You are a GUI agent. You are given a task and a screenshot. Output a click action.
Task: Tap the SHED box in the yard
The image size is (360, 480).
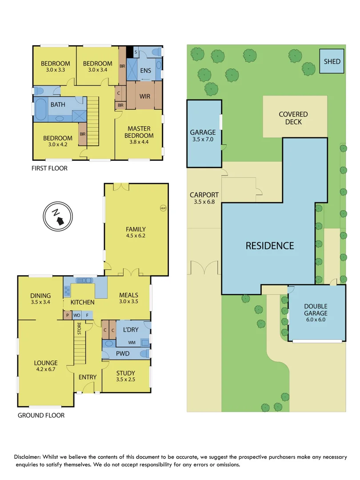pos(332,61)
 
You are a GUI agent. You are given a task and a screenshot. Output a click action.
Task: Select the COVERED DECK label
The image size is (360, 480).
pos(293,118)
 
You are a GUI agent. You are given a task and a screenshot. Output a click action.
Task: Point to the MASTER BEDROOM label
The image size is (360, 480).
pos(139,132)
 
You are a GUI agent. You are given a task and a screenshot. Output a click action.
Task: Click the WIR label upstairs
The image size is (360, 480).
pos(145,96)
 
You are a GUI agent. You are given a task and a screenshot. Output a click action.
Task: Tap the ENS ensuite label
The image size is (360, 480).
pos(145,71)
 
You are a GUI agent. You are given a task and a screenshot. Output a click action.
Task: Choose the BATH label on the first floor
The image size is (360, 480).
pos(58,105)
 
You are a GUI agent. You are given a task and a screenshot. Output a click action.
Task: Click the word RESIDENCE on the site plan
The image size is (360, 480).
pos(270,245)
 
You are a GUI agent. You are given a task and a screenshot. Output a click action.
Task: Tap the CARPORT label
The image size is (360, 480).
pos(204,195)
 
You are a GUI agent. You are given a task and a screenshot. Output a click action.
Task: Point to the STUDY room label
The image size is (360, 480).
pos(126,373)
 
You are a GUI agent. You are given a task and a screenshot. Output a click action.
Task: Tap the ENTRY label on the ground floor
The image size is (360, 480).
pos(88,377)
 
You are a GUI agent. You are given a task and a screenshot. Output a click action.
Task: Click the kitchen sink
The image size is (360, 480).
pos(84,280)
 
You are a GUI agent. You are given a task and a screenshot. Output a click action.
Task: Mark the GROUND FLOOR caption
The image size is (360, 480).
pos(41,416)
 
